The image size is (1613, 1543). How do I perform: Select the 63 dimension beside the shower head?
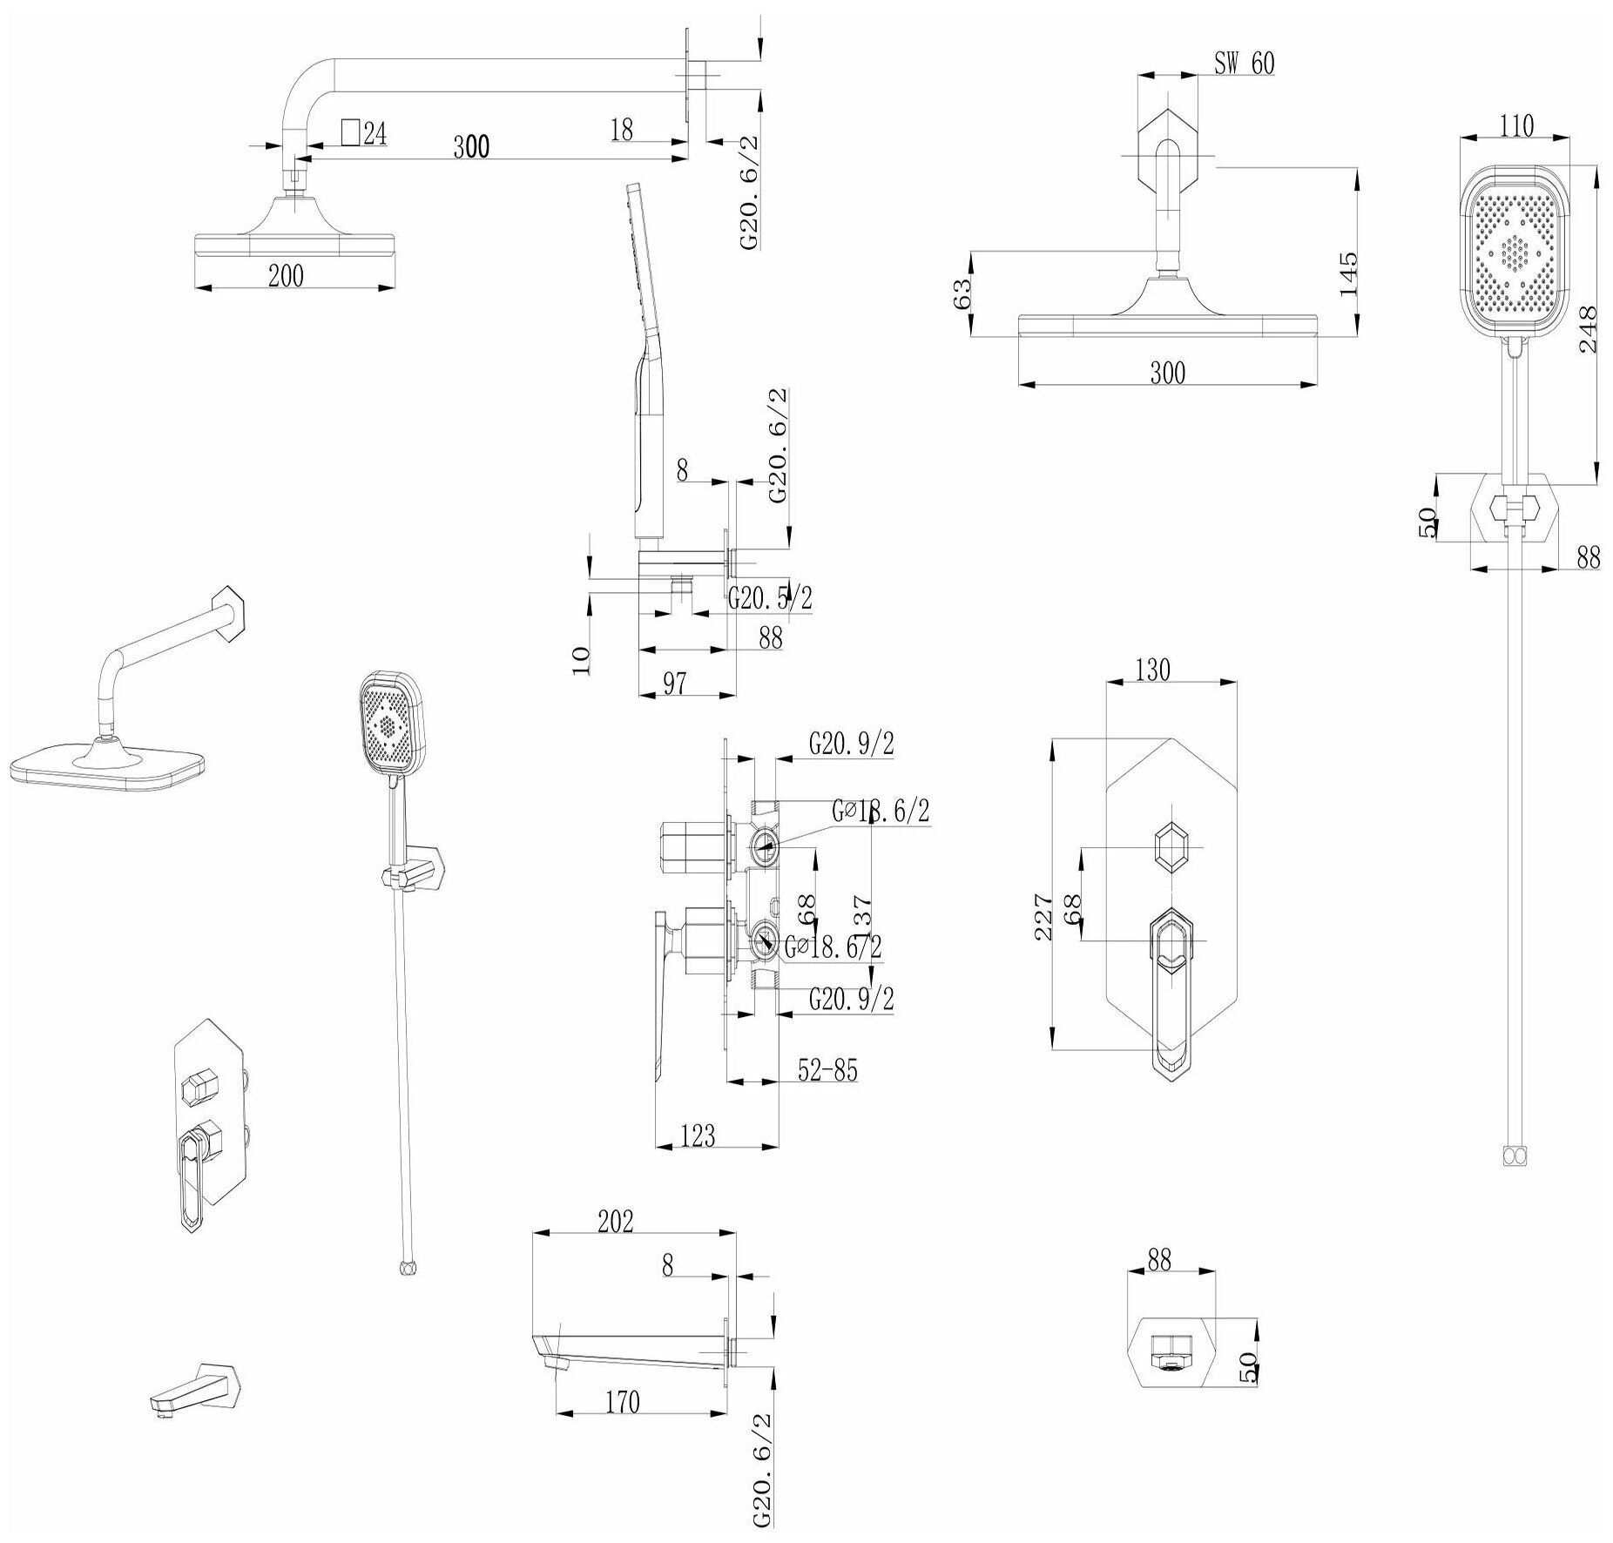tap(962, 293)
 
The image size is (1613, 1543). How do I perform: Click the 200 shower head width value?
tap(286, 276)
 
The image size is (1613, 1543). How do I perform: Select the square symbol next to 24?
tap(350, 132)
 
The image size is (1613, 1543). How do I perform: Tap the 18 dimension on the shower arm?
tap(621, 130)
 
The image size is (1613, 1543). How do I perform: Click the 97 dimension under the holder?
tap(675, 684)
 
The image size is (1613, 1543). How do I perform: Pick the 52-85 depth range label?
tap(828, 1070)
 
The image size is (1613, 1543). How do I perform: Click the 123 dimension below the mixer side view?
tap(698, 1135)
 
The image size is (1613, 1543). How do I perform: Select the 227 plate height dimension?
tap(1044, 916)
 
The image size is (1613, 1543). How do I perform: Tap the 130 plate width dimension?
tap(1153, 670)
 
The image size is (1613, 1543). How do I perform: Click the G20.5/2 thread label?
tap(770, 598)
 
